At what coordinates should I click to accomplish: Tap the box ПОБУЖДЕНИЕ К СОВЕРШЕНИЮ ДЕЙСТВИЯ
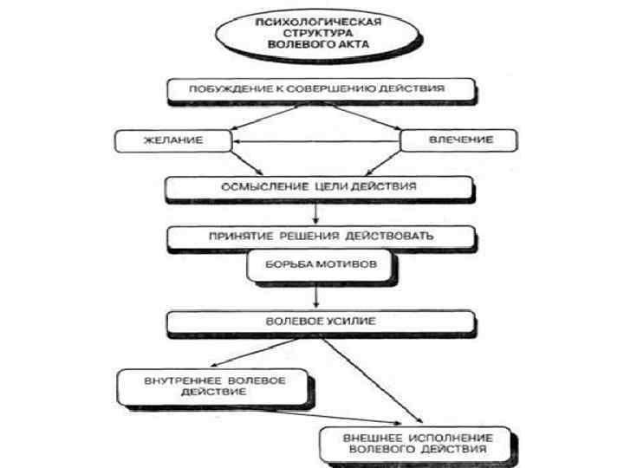point(320,88)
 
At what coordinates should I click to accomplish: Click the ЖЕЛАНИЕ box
point(173,140)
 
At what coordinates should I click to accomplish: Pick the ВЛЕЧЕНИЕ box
point(460,140)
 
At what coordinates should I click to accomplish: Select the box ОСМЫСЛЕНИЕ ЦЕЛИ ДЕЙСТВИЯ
point(320,186)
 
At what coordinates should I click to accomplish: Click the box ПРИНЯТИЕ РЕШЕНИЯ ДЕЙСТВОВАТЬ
point(320,235)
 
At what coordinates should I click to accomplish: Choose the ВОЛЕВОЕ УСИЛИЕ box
point(320,322)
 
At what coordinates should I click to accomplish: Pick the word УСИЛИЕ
point(352,322)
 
